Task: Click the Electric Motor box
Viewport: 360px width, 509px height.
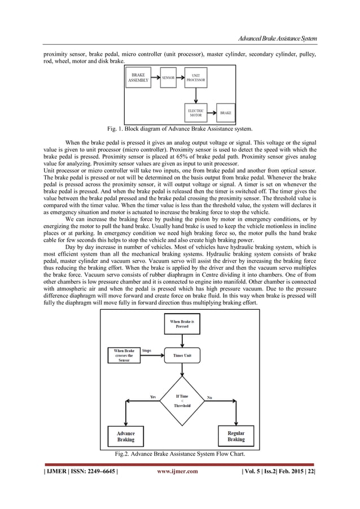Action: click(195, 112)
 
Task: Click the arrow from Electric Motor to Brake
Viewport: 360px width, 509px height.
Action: click(212, 112)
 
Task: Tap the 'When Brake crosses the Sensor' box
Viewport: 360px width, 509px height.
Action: click(123, 357)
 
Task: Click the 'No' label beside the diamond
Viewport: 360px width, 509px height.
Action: click(210, 397)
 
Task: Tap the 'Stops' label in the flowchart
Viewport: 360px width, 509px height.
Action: click(147, 350)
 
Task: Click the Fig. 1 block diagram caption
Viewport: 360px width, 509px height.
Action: click(180, 129)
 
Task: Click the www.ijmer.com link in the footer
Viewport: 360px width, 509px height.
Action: click(177, 472)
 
